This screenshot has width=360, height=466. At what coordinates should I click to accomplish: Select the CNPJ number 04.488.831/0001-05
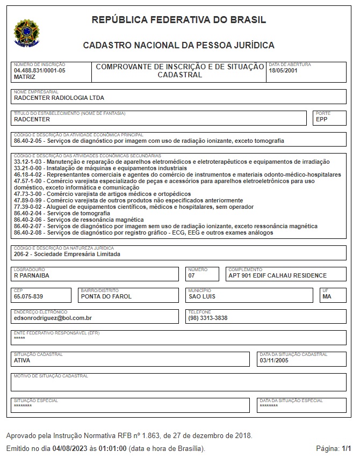39,70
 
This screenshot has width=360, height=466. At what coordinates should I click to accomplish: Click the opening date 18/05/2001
283,70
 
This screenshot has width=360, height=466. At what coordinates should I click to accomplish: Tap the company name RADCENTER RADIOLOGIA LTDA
59,98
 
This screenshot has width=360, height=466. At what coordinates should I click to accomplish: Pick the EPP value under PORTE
322,120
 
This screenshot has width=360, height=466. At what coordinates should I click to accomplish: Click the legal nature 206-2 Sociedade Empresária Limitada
67,254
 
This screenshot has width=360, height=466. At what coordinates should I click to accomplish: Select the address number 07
192,275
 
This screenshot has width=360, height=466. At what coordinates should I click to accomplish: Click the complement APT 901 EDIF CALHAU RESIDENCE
277,275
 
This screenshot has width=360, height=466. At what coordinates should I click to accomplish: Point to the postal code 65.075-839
28,296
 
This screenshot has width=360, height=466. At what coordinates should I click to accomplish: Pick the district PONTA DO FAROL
106,296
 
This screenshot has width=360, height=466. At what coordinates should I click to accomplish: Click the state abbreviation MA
327,296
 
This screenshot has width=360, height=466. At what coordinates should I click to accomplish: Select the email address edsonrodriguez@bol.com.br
53,318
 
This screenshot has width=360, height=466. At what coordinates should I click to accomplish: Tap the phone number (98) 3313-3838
208,318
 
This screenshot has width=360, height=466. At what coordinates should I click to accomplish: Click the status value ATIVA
22,360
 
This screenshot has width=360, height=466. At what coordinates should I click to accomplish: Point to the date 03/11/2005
274,360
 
